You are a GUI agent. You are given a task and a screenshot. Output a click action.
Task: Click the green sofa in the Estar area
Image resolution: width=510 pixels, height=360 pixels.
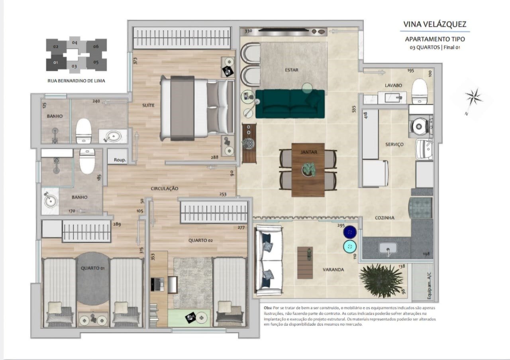point(290,104)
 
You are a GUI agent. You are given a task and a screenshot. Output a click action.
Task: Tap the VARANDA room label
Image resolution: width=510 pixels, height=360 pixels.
point(333,270)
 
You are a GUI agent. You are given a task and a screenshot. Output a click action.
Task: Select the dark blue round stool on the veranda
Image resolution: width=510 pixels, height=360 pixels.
point(350,232)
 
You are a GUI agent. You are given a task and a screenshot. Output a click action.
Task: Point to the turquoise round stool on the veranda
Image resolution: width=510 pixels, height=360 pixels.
point(350,246)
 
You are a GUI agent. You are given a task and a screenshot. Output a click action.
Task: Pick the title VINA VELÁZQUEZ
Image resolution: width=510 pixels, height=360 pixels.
point(435,24)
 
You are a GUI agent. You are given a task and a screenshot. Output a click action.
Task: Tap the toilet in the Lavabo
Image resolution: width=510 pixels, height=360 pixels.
point(420,91)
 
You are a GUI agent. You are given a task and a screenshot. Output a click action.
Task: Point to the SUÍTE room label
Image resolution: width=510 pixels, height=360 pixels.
point(148,105)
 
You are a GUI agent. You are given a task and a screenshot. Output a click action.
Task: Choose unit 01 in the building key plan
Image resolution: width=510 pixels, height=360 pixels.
point(55,63)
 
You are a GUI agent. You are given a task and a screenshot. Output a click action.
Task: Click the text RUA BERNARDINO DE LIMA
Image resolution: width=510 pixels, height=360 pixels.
point(76,81)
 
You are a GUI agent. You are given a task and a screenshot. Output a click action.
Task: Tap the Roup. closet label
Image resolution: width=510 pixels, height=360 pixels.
point(120,160)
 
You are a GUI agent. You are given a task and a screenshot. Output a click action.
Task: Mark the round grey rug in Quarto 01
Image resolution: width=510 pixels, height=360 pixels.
point(93,278)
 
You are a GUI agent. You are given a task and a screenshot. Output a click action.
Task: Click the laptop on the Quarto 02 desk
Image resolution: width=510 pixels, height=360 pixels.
point(157,284)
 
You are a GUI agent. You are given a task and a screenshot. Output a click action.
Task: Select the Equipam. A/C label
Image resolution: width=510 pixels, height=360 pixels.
point(429,286)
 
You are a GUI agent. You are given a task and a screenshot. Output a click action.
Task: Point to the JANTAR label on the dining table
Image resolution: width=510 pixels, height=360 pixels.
point(309,152)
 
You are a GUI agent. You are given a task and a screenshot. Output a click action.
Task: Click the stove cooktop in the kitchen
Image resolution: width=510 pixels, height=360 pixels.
point(421,206)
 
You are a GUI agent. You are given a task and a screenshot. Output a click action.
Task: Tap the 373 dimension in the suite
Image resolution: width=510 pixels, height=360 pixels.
point(135,61)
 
